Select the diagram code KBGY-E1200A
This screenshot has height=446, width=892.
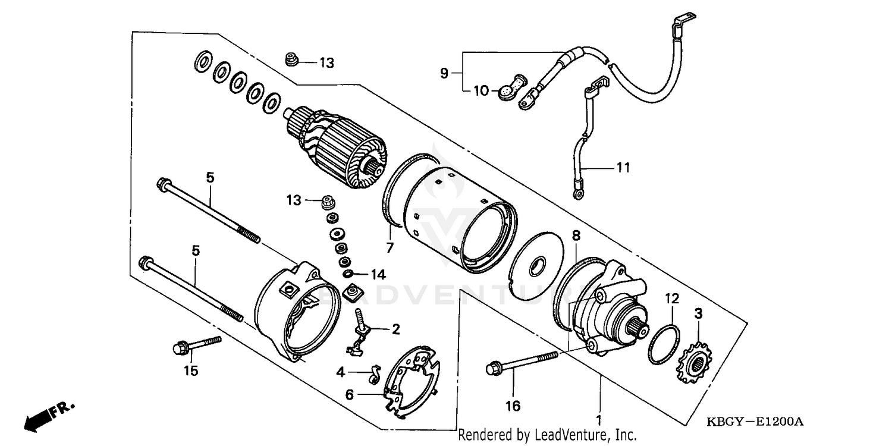(754, 422)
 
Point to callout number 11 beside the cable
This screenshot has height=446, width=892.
(622, 168)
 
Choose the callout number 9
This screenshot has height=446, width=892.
(444, 73)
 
